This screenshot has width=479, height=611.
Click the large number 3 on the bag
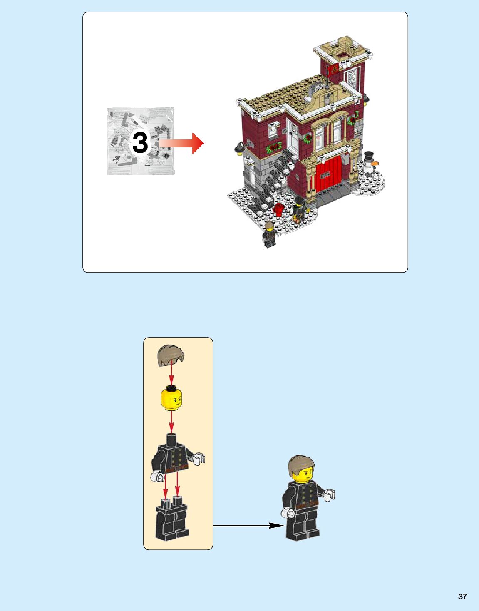pyautogui.click(x=140, y=143)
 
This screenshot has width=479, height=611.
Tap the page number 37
pyautogui.click(x=462, y=596)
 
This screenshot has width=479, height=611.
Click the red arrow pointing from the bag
pyautogui.click(x=181, y=143)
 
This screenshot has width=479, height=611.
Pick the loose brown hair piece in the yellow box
pyautogui.click(x=171, y=355)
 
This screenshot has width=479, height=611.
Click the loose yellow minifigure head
pyautogui.click(x=171, y=398)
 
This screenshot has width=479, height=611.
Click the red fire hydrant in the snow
pyautogui.click(x=279, y=209)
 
